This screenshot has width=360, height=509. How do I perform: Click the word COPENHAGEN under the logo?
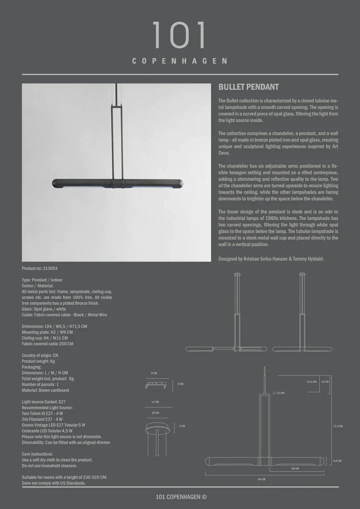pos(179,61)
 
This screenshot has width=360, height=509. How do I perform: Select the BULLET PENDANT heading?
pos(248,87)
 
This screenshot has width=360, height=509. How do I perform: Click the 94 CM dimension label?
pos(262,479)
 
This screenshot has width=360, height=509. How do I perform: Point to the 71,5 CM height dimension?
pos(338,426)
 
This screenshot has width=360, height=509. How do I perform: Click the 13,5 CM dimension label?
pos(311,381)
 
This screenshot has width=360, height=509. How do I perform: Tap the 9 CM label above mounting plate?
pos(154,373)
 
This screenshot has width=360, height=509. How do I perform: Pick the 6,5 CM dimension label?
pos(337,460)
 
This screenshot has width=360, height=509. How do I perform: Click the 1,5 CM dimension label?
pos(279,393)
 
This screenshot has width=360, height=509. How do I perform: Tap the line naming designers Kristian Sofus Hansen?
pos(271,258)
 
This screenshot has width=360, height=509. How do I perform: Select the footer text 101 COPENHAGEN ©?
pos(180,496)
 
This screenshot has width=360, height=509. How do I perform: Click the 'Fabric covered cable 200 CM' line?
pos(47,344)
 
